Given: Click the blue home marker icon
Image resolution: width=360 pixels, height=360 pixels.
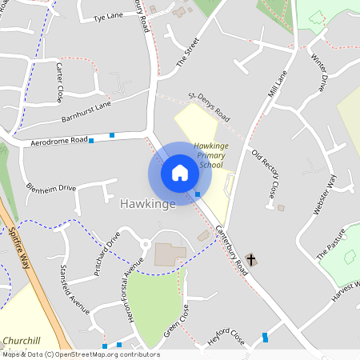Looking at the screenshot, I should tap(180, 173).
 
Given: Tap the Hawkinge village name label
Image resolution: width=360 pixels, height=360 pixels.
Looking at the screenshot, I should tap(147, 205).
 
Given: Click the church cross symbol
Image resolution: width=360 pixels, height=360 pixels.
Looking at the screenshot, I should tap(251, 259).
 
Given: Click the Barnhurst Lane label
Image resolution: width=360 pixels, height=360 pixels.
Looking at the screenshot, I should tap(86, 111).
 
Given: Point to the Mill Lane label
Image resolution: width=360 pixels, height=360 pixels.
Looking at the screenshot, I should tap(277, 83).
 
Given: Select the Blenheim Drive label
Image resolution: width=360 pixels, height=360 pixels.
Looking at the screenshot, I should tap(51, 189).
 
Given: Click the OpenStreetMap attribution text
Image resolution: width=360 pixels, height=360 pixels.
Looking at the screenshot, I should tap(80, 354).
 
